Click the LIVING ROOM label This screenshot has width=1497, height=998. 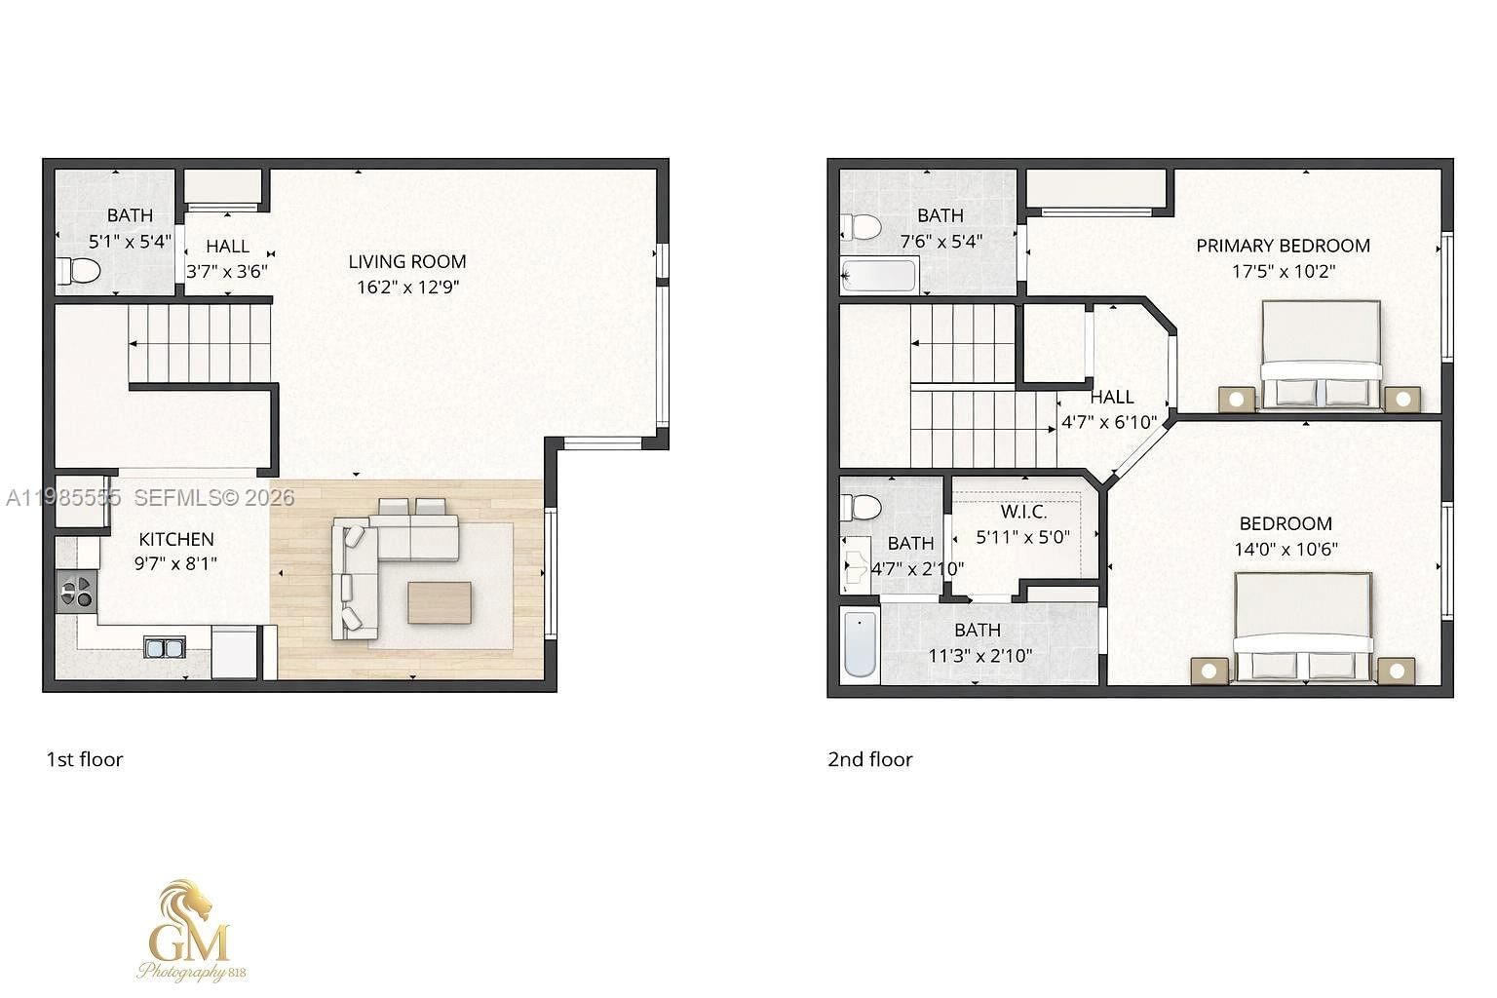click(407, 261)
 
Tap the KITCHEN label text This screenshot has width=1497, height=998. click(176, 539)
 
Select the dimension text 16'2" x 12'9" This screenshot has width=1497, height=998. click(407, 288)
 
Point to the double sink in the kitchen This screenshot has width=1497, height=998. click(165, 647)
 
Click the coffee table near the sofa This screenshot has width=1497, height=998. click(439, 602)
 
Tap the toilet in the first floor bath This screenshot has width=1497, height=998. click(80, 270)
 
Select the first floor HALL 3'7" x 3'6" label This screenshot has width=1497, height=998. click(227, 259)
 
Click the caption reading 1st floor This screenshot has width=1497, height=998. click(85, 759)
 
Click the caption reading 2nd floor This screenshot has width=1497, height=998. click(869, 759)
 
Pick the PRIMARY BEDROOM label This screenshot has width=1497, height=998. click(1283, 246)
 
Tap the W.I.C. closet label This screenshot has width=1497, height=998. click(1023, 512)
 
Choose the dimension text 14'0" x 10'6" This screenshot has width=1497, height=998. click(1286, 550)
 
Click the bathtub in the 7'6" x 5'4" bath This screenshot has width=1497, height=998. click(879, 276)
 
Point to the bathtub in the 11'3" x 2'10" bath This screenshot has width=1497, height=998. click(861, 643)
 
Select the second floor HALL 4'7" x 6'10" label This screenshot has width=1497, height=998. click(1111, 409)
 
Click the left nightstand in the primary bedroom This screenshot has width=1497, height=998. click(1237, 399)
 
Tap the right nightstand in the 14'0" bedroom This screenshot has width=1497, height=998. click(1396, 671)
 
